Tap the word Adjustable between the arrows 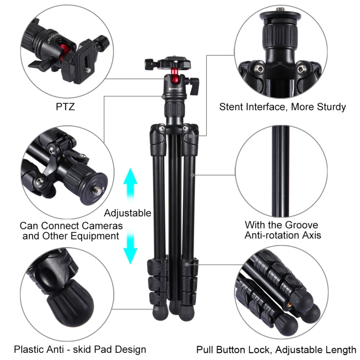(128, 213)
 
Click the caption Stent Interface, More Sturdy (282, 107)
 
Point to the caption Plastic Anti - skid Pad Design (80, 349)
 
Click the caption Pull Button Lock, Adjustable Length (276, 349)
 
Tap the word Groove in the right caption (301, 225)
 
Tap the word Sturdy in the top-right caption (329, 107)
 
